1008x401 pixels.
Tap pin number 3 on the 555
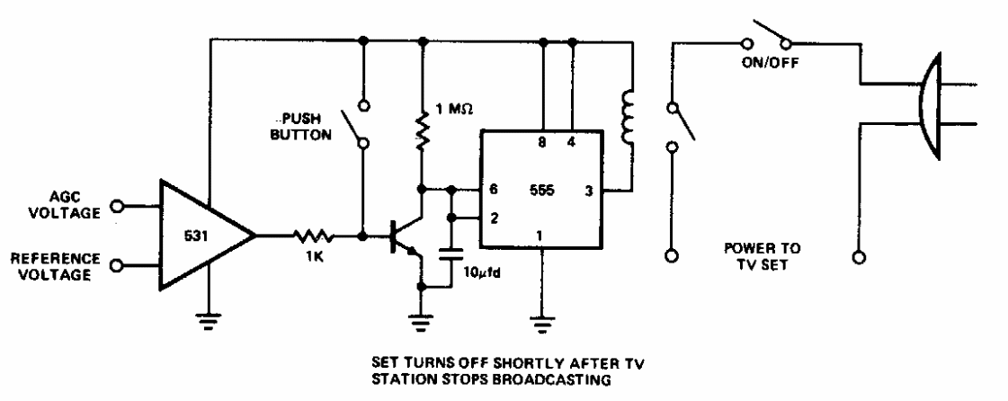[x=587, y=192]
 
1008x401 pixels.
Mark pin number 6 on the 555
[x=493, y=192]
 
